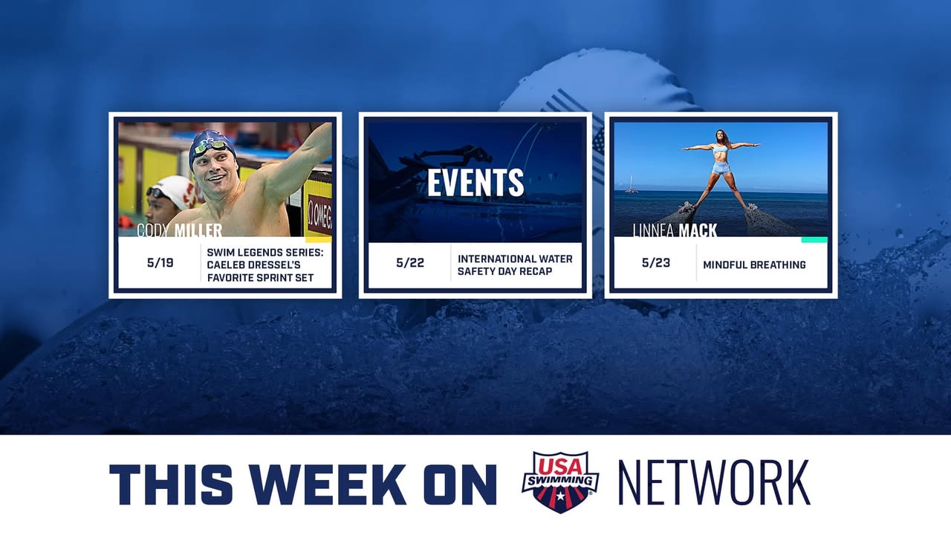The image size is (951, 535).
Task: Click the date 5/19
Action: pyautogui.click(x=160, y=263)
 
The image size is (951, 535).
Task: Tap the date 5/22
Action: pyautogui.click(x=410, y=263)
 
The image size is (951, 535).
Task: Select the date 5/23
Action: pyautogui.click(x=656, y=263)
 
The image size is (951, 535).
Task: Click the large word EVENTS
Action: pyautogui.click(x=475, y=183)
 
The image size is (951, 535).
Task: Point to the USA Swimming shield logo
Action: pyautogui.click(x=560, y=482)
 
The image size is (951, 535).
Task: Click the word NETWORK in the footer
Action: pyautogui.click(x=714, y=483)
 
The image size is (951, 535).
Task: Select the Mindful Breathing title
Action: pyautogui.click(x=754, y=265)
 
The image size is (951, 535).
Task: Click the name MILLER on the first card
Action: pyautogui.click(x=198, y=230)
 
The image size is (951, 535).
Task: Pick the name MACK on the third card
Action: pyautogui.click(x=698, y=230)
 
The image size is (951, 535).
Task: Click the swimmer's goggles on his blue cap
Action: pyautogui.click(x=210, y=147)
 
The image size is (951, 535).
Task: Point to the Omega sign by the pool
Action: pyautogui.click(x=319, y=215)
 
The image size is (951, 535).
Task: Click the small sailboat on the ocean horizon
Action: pyautogui.click(x=632, y=186)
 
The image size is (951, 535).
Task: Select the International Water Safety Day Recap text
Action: pyautogui.click(x=515, y=265)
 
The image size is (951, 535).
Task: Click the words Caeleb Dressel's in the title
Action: pyautogui.click(x=253, y=265)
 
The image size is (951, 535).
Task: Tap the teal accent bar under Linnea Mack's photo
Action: pyautogui.click(x=814, y=240)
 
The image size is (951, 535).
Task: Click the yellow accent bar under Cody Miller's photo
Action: pyautogui.click(x=319, y=240)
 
